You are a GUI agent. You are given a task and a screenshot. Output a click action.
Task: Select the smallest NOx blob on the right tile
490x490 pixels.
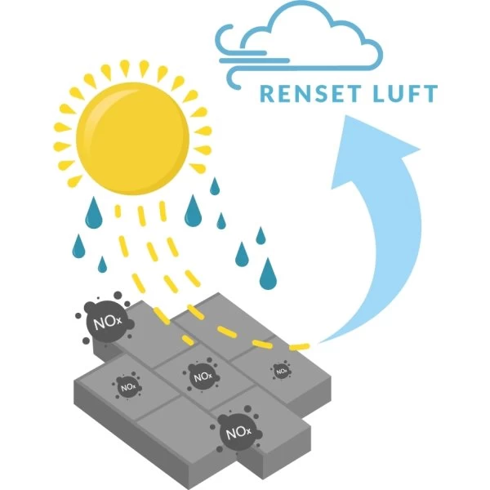pyautogui.click(x=280, y=370)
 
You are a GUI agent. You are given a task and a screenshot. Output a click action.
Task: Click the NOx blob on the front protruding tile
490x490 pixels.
pyautogui.click(x=236, y=430)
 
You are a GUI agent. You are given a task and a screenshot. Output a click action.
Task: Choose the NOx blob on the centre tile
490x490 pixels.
pyautogui.click(x=199, y=376)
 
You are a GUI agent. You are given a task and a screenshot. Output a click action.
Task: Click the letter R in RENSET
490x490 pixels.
pyautogui.click(x=268, y=94)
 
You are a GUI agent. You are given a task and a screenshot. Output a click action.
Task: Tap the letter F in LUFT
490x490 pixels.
pyautogui.click(x=413, y=94)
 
